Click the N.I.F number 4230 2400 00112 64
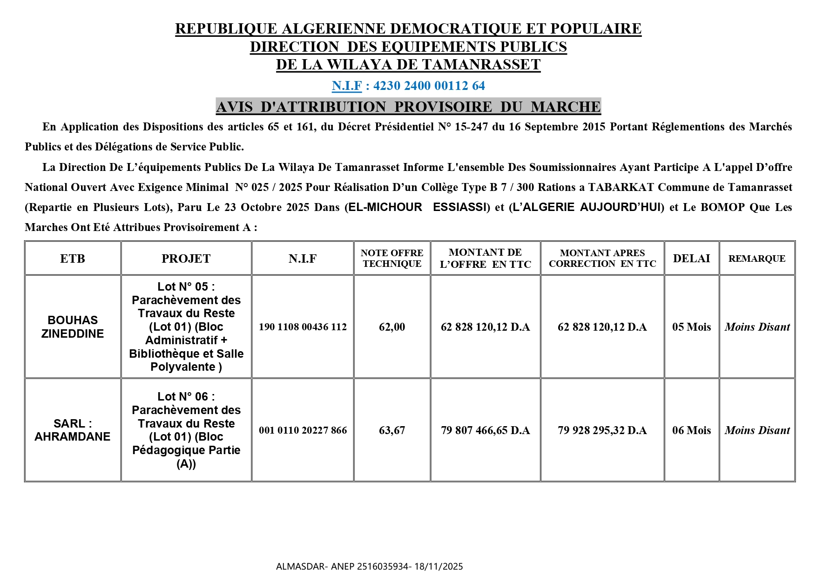pos(429,86)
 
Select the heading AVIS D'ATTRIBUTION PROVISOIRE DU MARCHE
pos(408,107)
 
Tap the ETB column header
pos(73,258)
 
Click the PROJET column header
pos(186,258)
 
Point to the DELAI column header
pos(691,258)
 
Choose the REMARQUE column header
pos(756,258)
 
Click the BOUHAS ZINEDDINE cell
pos(73,326)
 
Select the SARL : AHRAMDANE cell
pos(73,430)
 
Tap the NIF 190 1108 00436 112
pos(303,327)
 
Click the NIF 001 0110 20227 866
pos(303,430)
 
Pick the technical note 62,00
pos(392,327)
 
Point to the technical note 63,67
pos(392,430)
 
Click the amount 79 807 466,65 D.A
pos(485,430)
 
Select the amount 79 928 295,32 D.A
pos(602,430)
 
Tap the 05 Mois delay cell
pos(691,327)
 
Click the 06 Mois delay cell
pos(691,430)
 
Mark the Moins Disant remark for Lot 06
pos(757,430)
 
